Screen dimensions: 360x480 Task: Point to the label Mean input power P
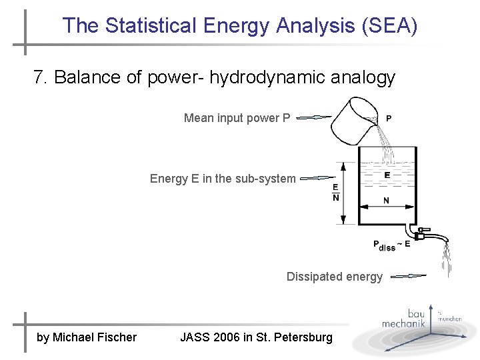click(237, 118)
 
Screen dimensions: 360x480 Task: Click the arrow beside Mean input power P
click(313, 118)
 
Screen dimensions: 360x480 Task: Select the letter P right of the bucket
click(389, 119)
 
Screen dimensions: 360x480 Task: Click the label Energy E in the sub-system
click(222, 179)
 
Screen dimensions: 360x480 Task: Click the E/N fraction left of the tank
click(335, 192)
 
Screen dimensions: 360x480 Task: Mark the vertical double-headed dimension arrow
click(343, 192)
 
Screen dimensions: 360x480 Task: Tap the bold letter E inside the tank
click(387, 175)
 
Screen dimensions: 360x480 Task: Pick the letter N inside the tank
click(386, 201)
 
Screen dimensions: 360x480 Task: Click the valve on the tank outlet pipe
click(420, 233)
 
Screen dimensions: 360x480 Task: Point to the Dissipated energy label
click(335, 277)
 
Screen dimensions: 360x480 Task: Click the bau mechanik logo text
click(404, 319)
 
